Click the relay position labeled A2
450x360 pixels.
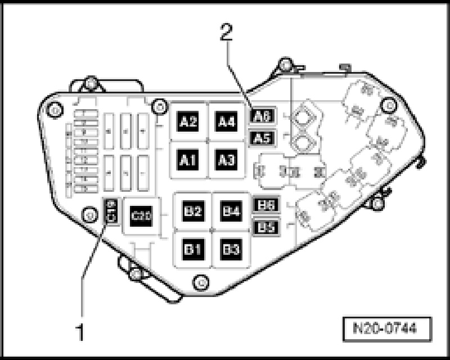[189, 121]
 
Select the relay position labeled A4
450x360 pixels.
[226, 121]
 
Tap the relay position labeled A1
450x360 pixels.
[189, 160]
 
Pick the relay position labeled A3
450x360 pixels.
[226, 160]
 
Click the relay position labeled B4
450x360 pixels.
[230, 212]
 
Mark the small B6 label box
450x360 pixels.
[264, 206]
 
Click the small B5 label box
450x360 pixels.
[264, 227]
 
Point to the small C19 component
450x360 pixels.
[111, 211]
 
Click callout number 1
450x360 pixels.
[80, 333]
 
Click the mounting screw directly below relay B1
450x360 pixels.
[198, 281]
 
